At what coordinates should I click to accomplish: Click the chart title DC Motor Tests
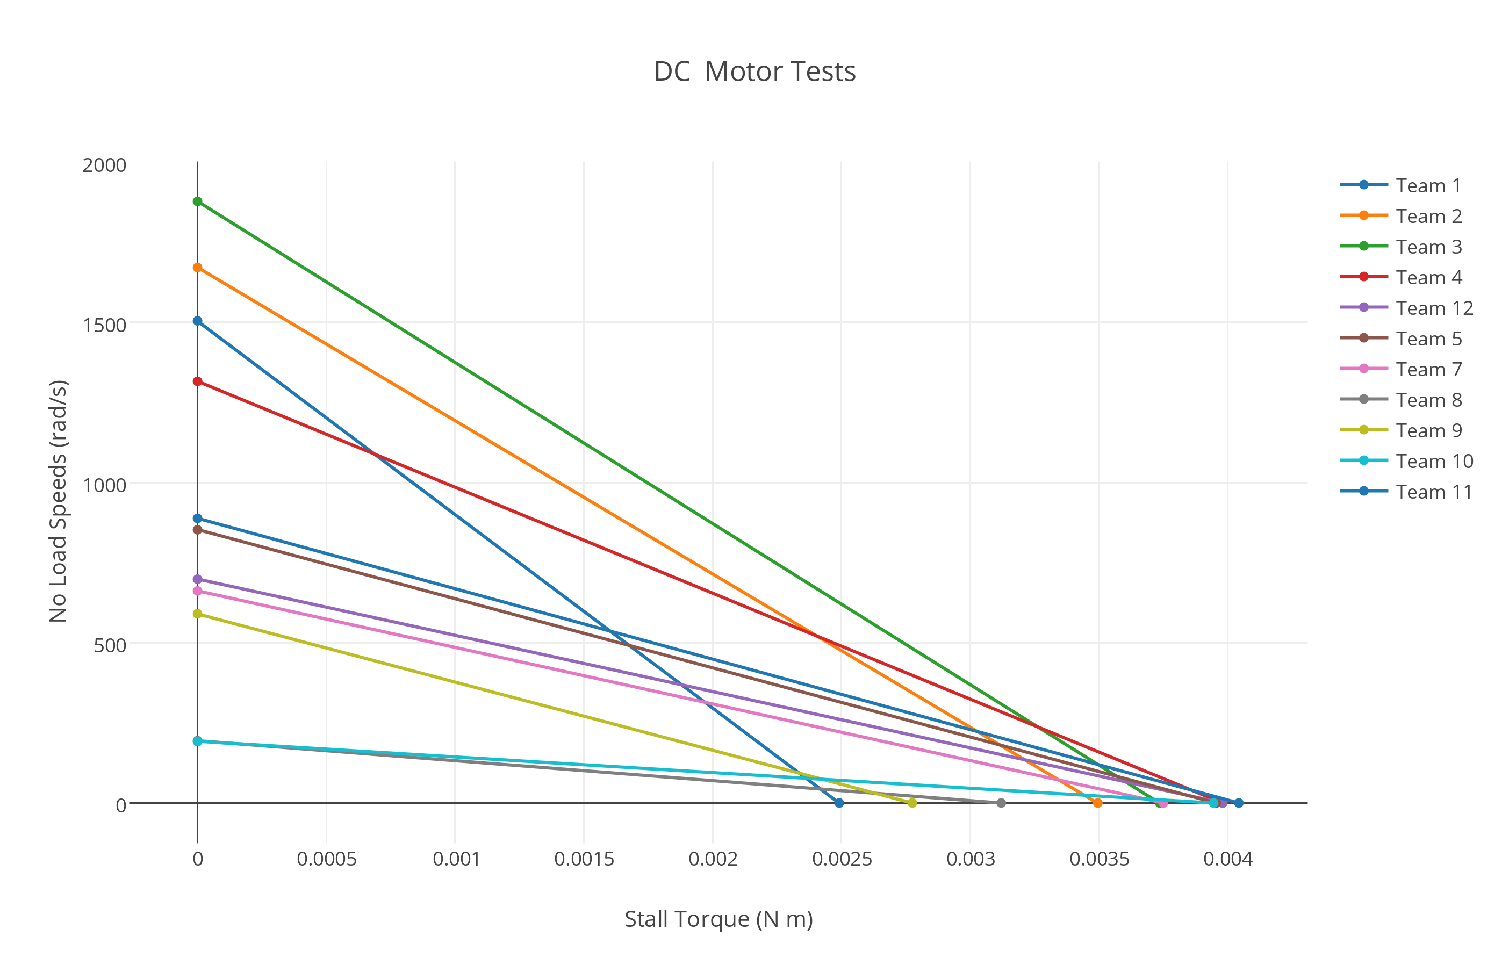coord(754,72)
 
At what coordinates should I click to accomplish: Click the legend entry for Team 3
coord(1428,247)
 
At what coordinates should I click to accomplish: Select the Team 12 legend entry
coord(1434,308)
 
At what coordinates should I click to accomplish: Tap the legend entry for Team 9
coord(1428,430)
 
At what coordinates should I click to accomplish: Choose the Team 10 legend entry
coord(1434,462)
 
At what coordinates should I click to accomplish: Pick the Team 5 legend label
coord(1428,339)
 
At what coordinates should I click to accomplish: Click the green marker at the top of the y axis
coord(198,201)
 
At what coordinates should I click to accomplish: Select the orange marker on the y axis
coord(198,268)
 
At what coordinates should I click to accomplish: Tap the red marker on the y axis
coord(198,381)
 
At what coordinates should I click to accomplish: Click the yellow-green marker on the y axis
coord(198,614)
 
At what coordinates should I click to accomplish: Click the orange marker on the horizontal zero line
coord(1097,803)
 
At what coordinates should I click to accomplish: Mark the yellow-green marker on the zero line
coord(912,803)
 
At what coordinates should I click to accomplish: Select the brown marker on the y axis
coord(198,530)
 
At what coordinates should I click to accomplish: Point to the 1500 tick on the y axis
coord(104,325)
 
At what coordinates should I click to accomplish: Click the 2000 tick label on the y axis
coord(104,165)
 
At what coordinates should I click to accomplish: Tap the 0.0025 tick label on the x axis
coord(841,859)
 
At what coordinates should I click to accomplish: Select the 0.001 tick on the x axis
coord(456,859)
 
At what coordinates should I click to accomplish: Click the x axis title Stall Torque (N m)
coord(718,919)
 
